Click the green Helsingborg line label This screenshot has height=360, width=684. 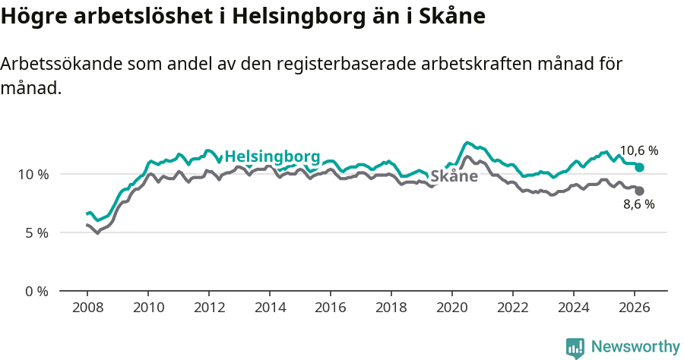[x=272, y=156]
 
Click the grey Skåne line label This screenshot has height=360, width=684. [x=454, y=176]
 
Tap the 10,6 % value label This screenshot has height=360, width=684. [x=638, y=150]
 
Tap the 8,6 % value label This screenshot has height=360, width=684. [x=638, y=204]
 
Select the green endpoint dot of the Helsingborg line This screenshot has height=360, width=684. [x=639, y=167]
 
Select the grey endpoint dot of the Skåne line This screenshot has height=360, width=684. [x=639, y=191]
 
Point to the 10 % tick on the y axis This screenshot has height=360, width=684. [x=33, y=174]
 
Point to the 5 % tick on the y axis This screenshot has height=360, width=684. [x=36, y=232]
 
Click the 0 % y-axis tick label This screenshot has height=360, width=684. [x=36, y=291]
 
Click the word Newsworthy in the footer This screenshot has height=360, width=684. [x=635, y=346]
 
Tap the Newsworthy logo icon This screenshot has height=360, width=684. [x=575, y=348]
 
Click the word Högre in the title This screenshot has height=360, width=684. [x=33, y=16]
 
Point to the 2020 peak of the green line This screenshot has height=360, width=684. [x=467, y=142]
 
